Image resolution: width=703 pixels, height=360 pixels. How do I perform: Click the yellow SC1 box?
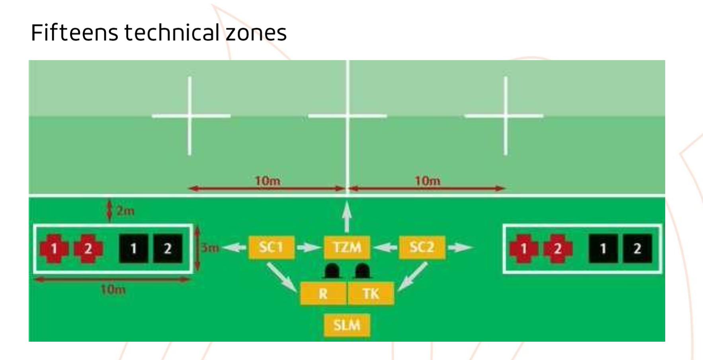(x=271, y=247)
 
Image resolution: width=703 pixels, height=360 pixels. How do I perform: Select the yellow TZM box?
(x=347, y=247)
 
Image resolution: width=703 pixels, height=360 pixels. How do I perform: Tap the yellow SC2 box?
(x=422, y=247)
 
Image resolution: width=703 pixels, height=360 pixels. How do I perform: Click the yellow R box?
(x=323, y=294)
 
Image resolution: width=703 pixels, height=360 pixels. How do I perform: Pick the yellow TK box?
(x=371, y=294)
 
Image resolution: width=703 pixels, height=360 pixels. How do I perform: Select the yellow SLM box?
(x=347, y=325)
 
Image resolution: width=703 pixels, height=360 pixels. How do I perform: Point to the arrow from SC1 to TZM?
(x=308, y=248)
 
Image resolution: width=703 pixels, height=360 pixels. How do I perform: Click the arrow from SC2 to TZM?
(x=385, y=248)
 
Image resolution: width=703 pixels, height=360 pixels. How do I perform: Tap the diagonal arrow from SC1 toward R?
(x=282, y=277)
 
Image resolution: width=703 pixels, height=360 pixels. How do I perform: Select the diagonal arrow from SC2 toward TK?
(x=413, y=276)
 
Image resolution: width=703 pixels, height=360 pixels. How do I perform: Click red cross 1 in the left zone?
(x=54, y=249)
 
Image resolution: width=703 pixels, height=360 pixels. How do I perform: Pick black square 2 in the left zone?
(x=168, y=249)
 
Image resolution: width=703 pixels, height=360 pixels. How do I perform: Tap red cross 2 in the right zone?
(x=558, y=249)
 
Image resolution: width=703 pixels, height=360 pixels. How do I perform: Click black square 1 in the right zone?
(x=603, y=249)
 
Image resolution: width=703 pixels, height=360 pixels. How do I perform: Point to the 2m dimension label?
(x=125, y=211)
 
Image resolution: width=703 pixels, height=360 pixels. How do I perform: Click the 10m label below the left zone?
(x=113, y=290)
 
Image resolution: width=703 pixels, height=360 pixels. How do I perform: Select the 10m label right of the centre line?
(x=428, y=181)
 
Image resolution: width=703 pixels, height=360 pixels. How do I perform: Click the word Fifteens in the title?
(x=74, y=33)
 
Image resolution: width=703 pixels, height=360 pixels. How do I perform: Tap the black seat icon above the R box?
(x=332, y=271)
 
